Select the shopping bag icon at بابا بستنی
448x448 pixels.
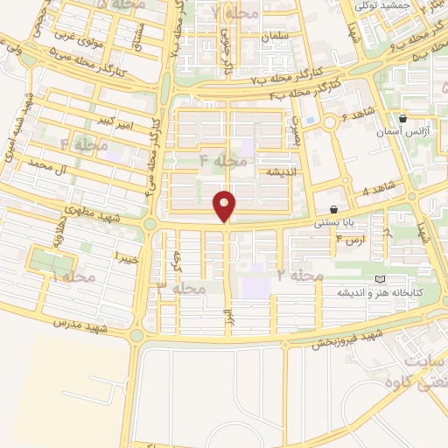tap(335, 210)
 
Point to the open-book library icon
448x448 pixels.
tap(378, 279)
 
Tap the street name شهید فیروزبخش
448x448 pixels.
tap(347, 339)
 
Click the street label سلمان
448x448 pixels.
tap(276, 39)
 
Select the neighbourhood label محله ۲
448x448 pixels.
tap(302, 276)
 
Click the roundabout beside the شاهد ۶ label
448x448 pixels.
tap(332, 122)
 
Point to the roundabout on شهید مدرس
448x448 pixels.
tap(136, 335)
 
